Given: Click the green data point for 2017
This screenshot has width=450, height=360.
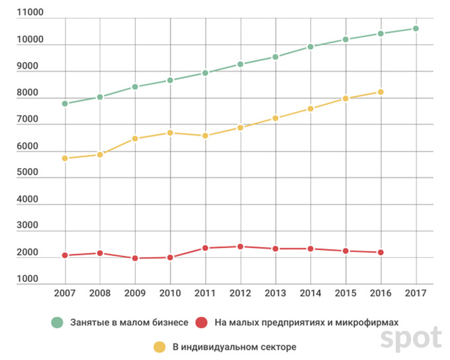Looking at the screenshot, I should tap(416, 28).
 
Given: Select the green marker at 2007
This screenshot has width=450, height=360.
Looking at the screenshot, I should tap(65, 104).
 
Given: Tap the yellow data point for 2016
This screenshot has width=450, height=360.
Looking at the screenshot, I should tap(381, 92).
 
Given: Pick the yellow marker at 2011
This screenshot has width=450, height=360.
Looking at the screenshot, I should tap(205, 136).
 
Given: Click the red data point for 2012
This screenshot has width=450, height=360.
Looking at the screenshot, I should tap(240, 247).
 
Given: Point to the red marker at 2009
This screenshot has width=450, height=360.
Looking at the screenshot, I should tap(135, 258).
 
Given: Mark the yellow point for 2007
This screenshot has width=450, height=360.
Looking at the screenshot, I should tap(65, 158).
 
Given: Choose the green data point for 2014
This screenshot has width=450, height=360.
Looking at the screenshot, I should tap(310, 47).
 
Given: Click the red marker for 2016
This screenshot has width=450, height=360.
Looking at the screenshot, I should tap(381, 253).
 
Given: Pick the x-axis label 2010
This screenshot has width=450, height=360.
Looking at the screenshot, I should tap(170, 292).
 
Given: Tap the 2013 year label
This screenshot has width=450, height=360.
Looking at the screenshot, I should tap(275, 292).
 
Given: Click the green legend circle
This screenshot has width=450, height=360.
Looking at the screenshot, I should tap(58, 323).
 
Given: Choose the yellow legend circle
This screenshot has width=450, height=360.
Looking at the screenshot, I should tap(159, 347).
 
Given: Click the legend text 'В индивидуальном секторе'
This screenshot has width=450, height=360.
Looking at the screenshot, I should tap(234, 347).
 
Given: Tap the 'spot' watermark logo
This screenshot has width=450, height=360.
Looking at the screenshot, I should tap(410, 338).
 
